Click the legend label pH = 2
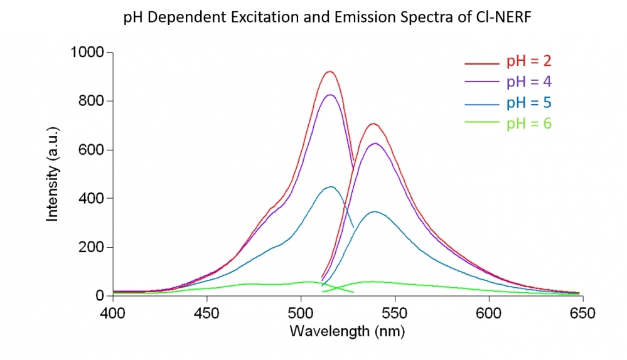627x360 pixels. pyautogui.click(x=529, y=61)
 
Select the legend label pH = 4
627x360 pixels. pyautogui.click(x=529, y=82)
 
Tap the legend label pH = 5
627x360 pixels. pyautogui.click(x=529, y=102)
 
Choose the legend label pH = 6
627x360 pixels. pyautogui.click(x=529, y=123)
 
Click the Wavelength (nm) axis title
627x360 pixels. pyautogui.click(x=347, y=331)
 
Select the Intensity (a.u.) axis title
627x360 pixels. pyautogui.click(x=53, y=174)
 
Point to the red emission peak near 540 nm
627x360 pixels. pyautogui.click(x=374, y=124)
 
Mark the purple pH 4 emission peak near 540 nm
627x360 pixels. pyautogui.click(x=375, y=143)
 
